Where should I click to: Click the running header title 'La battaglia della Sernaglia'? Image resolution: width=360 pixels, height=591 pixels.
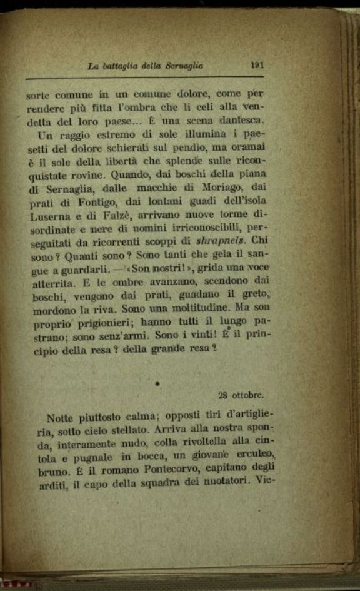(146, 64)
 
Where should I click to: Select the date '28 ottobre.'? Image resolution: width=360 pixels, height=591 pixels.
(241, 395)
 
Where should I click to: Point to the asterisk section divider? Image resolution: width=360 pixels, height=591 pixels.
(158, 380)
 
